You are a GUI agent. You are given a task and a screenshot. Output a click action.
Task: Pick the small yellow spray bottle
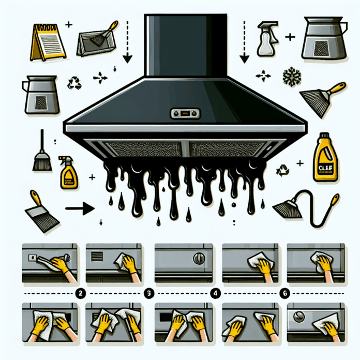68,172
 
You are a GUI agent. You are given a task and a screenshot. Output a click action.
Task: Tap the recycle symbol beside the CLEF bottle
282,169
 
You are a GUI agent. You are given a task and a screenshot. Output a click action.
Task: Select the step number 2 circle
81,292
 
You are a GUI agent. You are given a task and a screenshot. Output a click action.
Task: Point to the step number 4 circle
215,292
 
